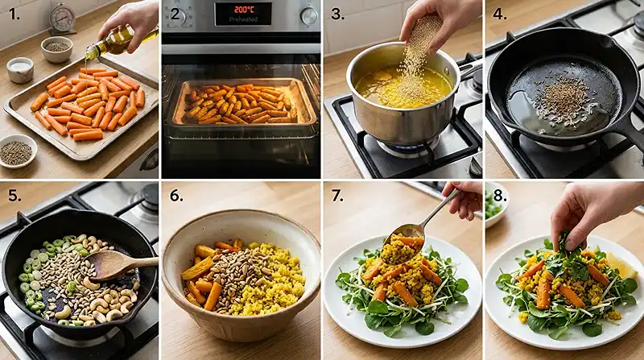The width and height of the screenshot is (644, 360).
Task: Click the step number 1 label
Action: coord(14,14)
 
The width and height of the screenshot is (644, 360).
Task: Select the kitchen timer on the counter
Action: coord(63,19)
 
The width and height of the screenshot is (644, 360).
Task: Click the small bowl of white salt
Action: coord(20,70)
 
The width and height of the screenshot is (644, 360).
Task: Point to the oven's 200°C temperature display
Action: coord(243,10)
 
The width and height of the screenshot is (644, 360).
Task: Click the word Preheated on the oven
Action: coord(243,19)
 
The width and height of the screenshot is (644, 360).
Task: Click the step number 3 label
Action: coord(337,14)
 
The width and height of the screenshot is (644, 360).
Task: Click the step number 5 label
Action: coord(14,196)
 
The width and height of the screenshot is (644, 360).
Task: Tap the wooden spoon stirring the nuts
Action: coord(117,264)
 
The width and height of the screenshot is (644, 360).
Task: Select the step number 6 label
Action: coord(176,196)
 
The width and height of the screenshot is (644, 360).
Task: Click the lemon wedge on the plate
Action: coord(621,266)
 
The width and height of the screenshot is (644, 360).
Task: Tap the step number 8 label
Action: coord(499,196)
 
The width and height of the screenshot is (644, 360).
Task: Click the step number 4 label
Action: coord(499,14)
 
